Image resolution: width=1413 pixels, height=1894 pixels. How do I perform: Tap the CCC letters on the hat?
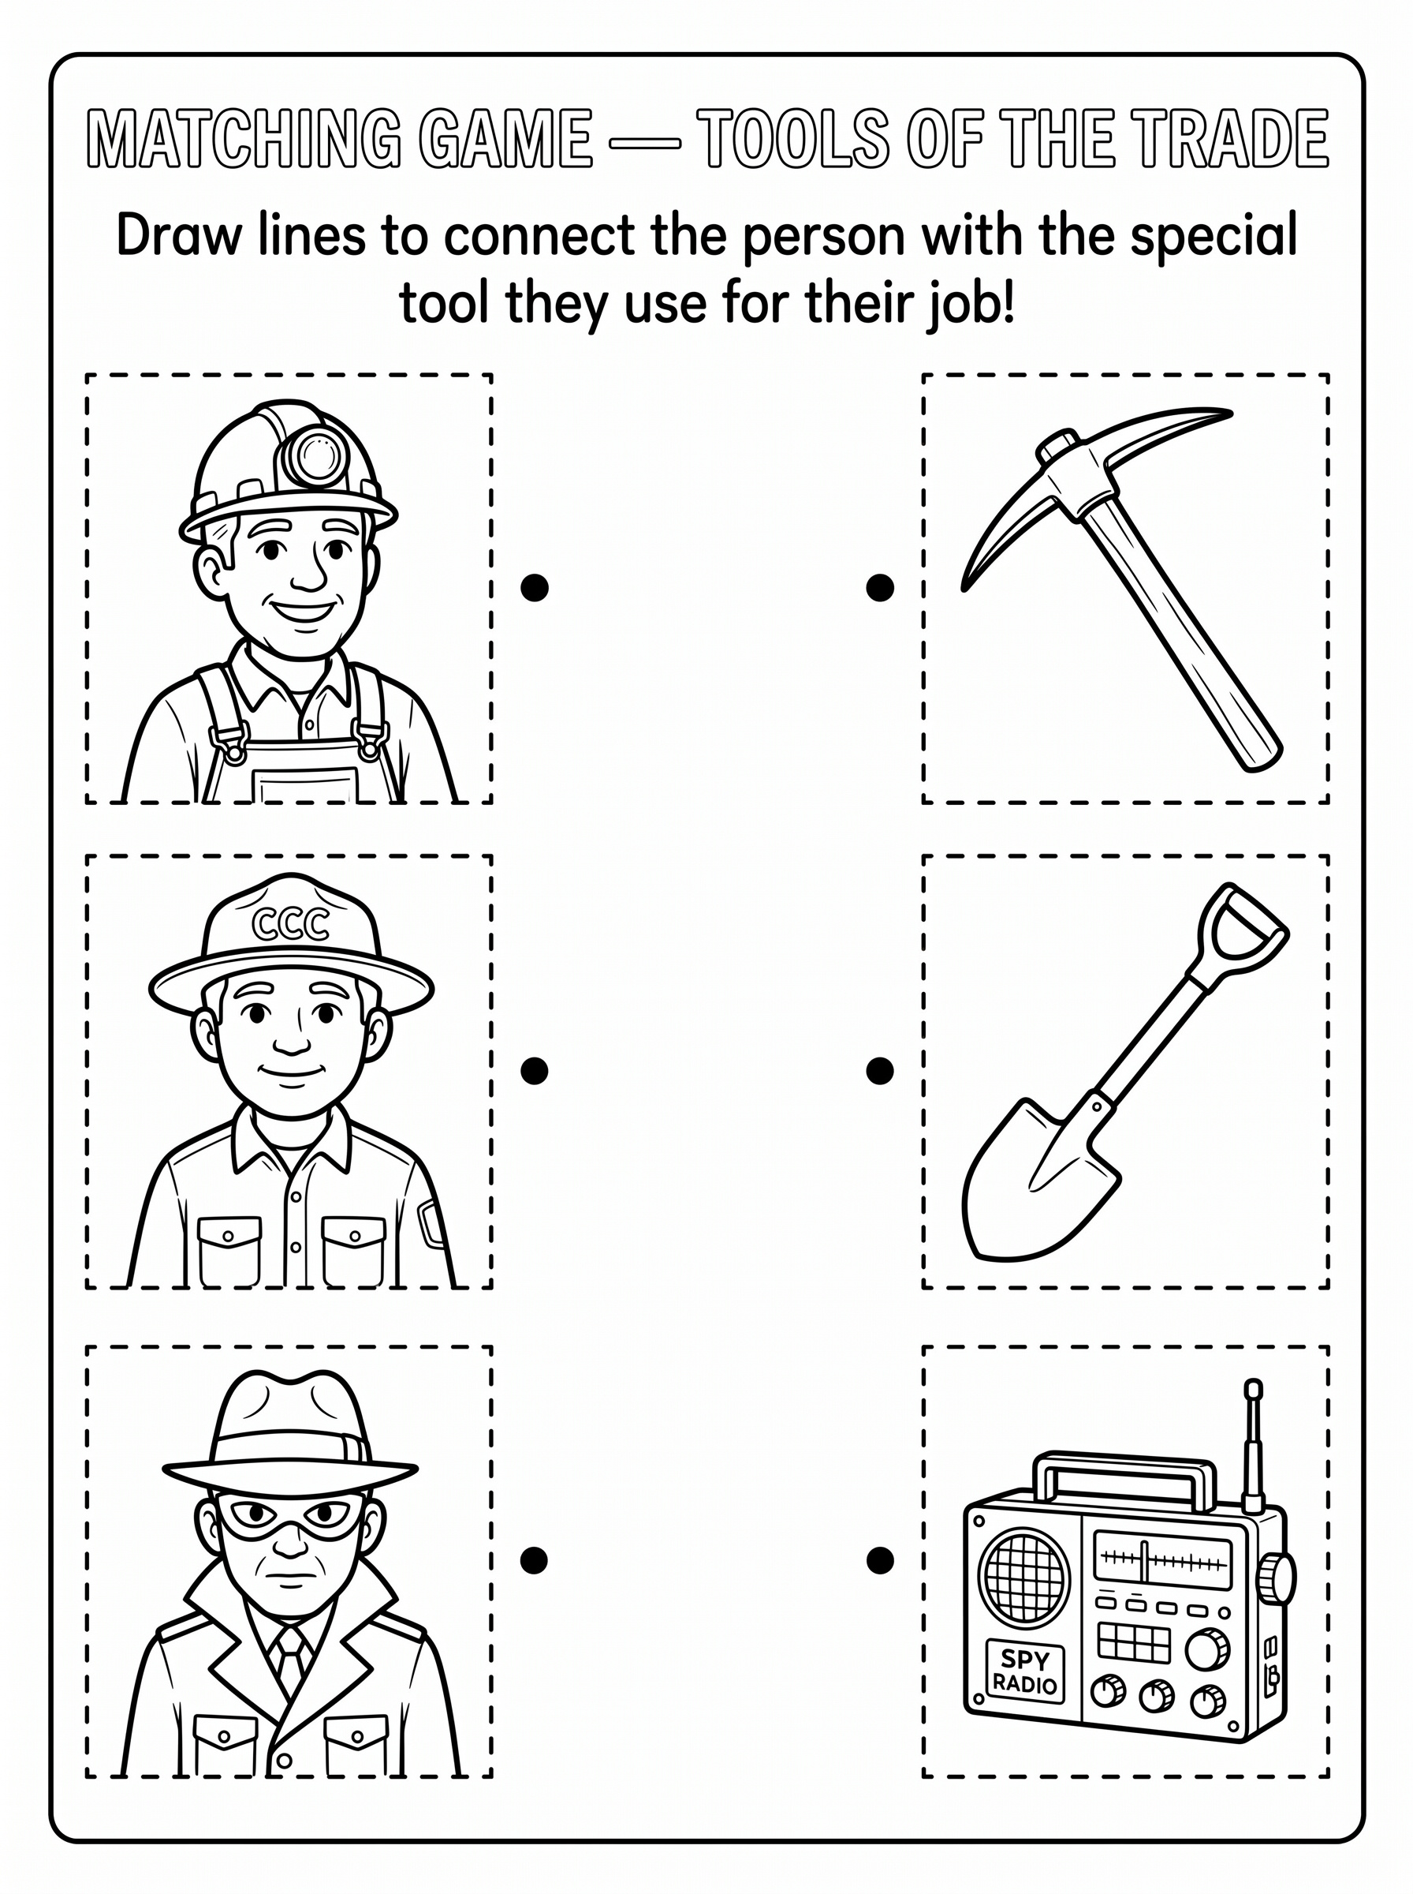click(x=291, y=923)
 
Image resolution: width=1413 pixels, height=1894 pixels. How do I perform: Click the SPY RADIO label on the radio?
click(x=1025, y=1671)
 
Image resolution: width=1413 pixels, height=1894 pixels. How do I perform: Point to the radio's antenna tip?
click(x=1254, y=1390)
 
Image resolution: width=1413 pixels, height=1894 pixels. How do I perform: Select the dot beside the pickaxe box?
click(x=880, y=587)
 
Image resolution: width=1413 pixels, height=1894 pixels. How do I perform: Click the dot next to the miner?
click(x=535, y=587)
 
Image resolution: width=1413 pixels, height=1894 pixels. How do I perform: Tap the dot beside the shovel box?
click(x=880, y=1070)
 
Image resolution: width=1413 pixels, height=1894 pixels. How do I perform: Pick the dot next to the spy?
click(x=535, y=1560)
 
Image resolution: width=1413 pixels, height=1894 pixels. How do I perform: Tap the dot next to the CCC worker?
click(x=535, y=1070)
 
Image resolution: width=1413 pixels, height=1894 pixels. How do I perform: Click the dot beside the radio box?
click(x=880, y=1560)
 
